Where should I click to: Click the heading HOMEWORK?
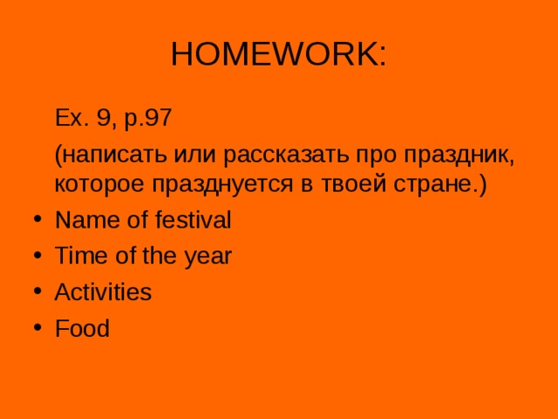pos(279,54)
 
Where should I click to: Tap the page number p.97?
pos(155,116)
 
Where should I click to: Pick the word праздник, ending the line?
pos(453,155)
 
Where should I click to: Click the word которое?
pos(99,185)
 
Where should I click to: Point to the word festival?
pos(193,221)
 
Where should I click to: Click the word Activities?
pos(103,292)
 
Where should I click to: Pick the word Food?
pos(82,329)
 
